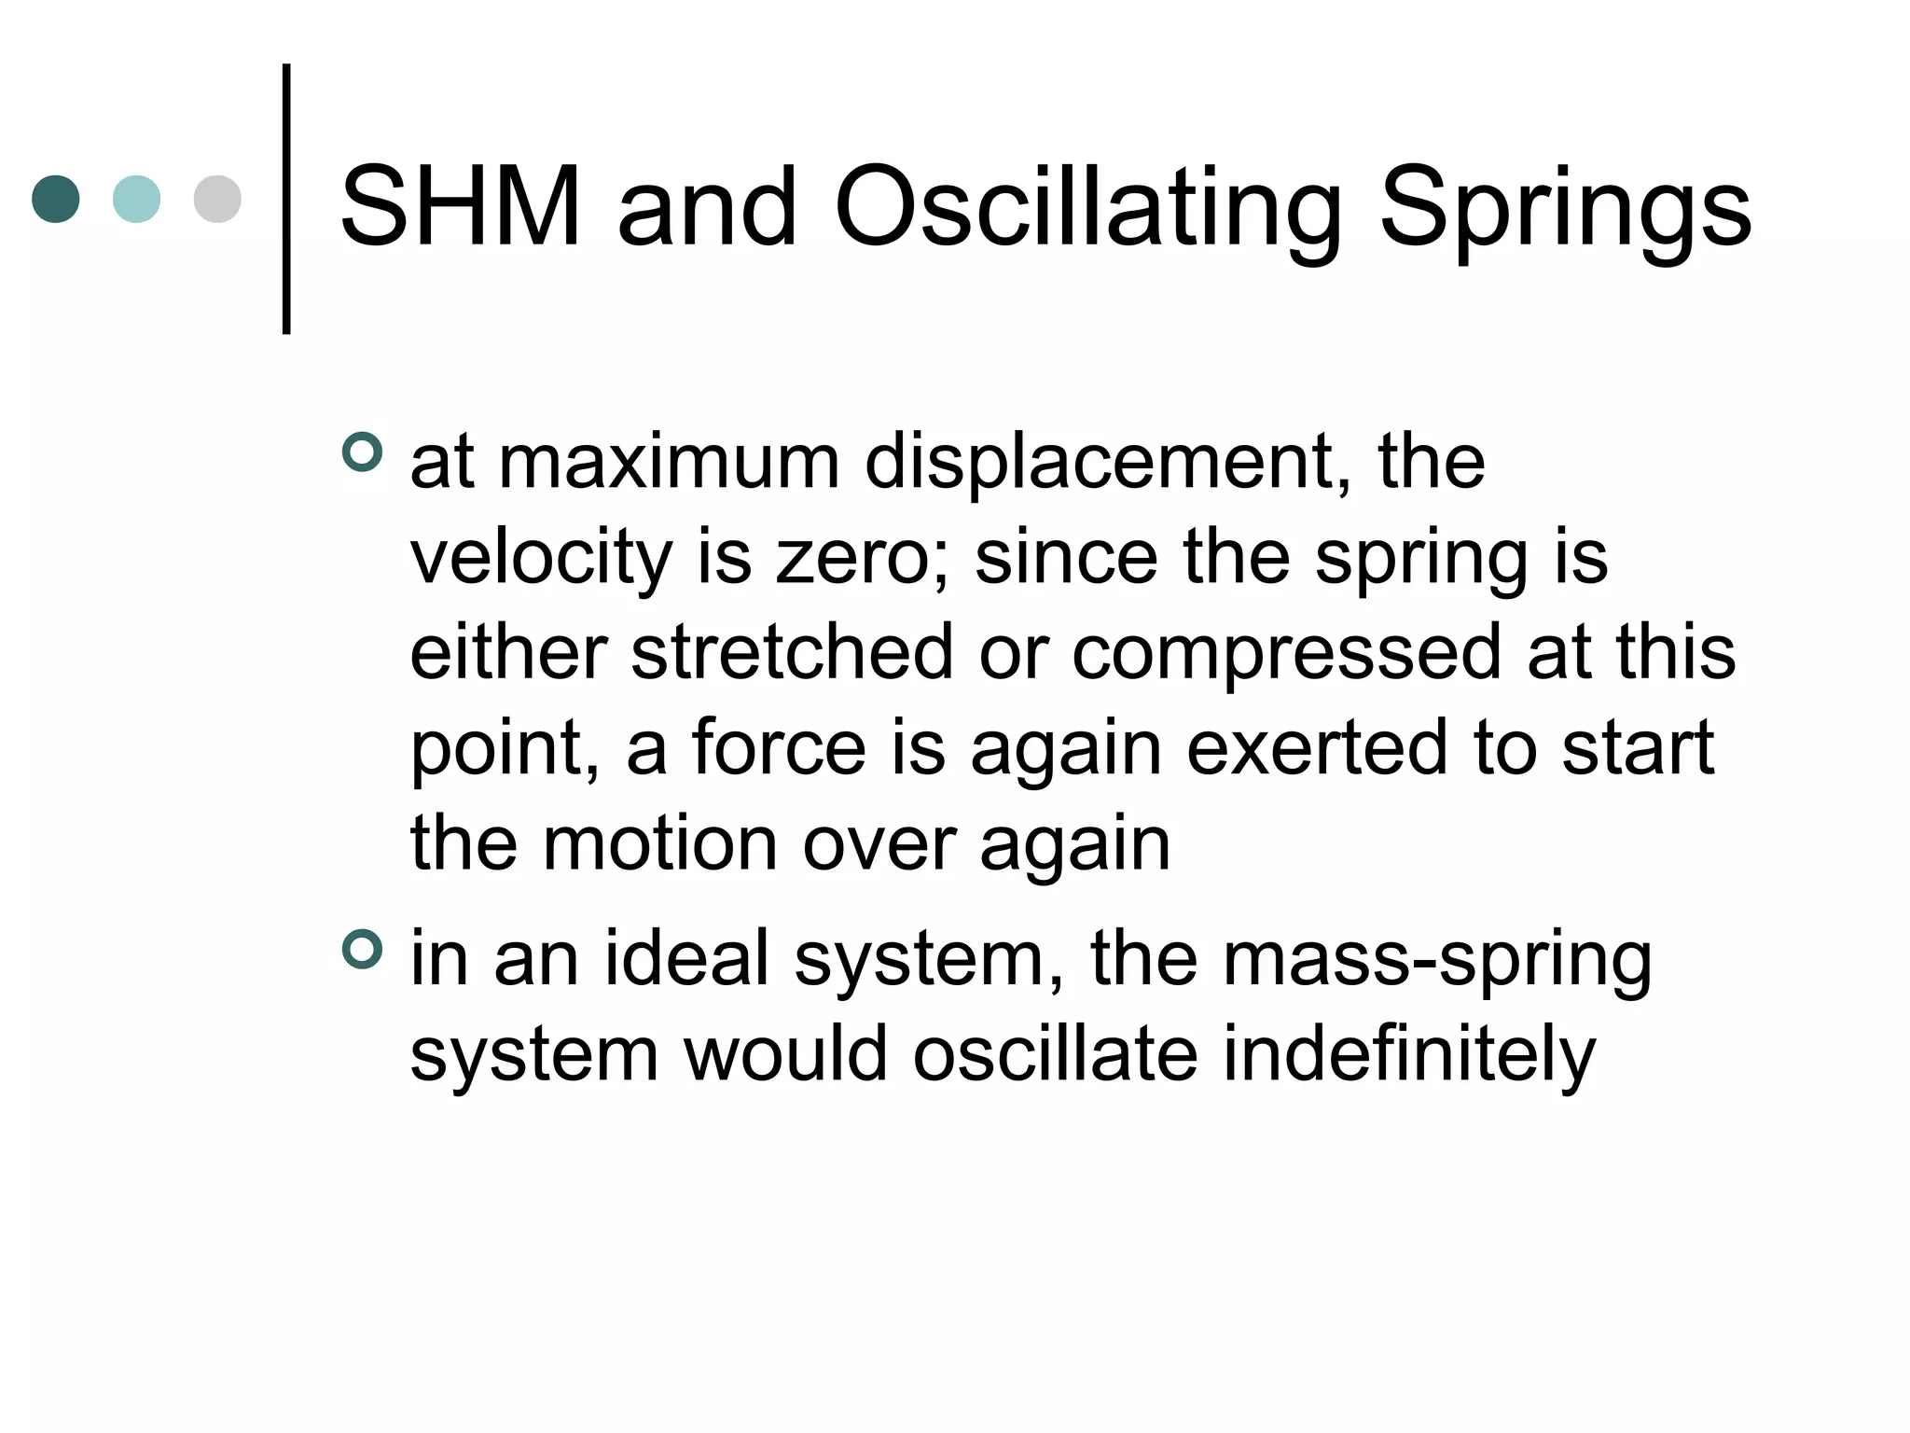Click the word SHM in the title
pyautogui.click(x=461, y=206)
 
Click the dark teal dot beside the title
pyautogui.click(x=56, y=199)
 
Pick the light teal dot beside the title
pyautogui.click(x=136, y=199)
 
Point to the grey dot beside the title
pyautogui.click(x=217, y=199)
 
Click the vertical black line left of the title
pyautogui.click(x=286, y=199)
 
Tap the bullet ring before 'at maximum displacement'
pyautogui.click(x=362, y=452)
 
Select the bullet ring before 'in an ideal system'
pyautogui.click(x=362, y=950)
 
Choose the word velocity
pyautogui.click(x=541, y=559)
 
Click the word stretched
pyautogui.click(x=792, y=652)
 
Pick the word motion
pyautogui.click(x=660, y=843)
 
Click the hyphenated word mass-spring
pyautogui.click(x=1436, y=961)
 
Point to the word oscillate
pyautogui.click(x=1055, y=1054)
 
